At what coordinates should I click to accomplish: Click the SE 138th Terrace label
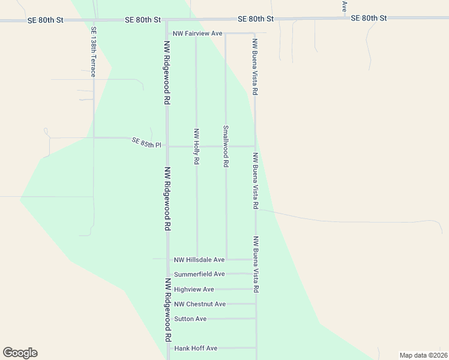click(x=93, y=52)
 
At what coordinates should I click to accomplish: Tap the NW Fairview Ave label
click(x=197, y=34)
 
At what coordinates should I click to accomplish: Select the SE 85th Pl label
click(x=147, y=143)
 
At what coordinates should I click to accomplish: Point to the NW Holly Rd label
click(x=196, y=146)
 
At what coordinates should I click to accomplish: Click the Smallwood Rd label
click(x=226, y=146)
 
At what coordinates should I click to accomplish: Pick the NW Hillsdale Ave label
click(x=199, y=260)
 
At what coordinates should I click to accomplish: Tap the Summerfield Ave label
click(x=199, y=274)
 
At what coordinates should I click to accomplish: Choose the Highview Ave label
click(x=194, y=289)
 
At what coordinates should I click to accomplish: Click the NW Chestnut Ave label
click(x=200, y=304)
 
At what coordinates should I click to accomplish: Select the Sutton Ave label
click(x=190, y=319)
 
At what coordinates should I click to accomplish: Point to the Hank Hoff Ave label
click(x=196, y=348)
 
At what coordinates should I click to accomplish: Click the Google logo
click(x=20, y=353)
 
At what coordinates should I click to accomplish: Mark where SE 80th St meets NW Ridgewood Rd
click(x=166, y=20)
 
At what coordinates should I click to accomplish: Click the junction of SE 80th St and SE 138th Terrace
click(x=93, y=20)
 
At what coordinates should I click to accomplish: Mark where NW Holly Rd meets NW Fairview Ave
click(x=196, y=34)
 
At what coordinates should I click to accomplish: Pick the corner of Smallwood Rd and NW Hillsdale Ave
click(x=226, y=260)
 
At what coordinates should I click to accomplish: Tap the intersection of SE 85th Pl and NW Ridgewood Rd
click(x=167, y=146)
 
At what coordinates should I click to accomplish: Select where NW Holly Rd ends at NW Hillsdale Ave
click(x=197, y=260)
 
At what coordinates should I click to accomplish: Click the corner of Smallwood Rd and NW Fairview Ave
click(x=225, y=34)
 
